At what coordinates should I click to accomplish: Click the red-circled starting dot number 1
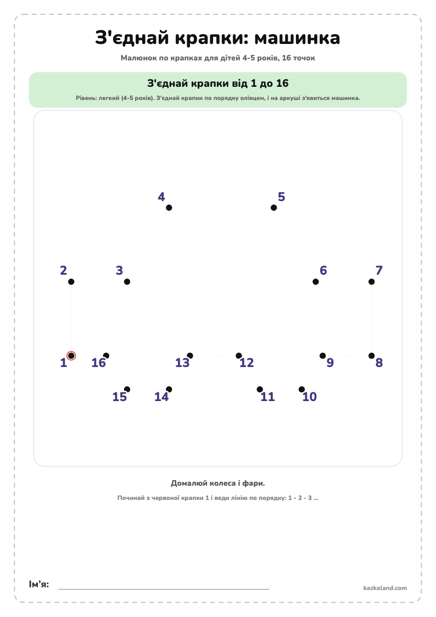(x=71, y=355)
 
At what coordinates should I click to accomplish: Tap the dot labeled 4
(x=169, y=208)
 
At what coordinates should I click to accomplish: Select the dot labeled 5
(x=273, y=208)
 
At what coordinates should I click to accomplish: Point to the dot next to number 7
(x=372, y=282)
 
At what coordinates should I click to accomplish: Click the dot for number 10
(x=301, y=390)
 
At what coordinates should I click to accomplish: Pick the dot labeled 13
(x=190, y=355)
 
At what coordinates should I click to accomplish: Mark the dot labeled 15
(x=127, y=390)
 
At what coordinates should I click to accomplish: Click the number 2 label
(x=63, y=270)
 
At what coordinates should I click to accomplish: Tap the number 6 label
(x=323, y=270)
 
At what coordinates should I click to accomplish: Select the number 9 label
(x=330, y=363)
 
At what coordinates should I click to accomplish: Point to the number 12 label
(x=247, y=363)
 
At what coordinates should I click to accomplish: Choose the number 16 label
(x=99, y=363)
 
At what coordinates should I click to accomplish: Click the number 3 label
(x=119, y=270)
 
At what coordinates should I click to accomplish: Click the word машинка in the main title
(x=297, y=38)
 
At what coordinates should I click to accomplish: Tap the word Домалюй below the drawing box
(x=187, y=483)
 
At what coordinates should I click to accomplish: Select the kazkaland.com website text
(x=385, y=588)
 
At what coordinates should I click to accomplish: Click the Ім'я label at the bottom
(x=39, y=584)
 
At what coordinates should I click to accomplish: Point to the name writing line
(x=164, y=589)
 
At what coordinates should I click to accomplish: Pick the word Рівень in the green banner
(x=85, y=98)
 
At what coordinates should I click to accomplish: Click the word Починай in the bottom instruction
(x=131, y=498)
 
